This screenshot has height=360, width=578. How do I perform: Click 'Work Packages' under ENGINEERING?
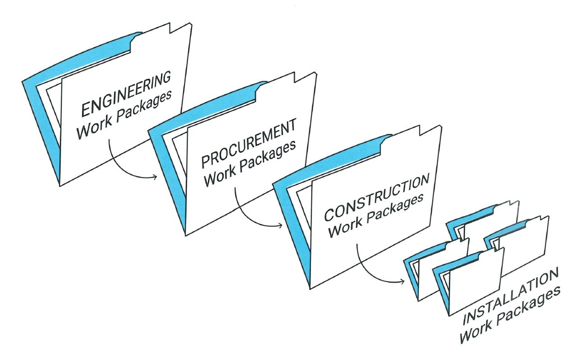124,114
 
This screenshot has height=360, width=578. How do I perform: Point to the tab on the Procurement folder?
304,77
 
